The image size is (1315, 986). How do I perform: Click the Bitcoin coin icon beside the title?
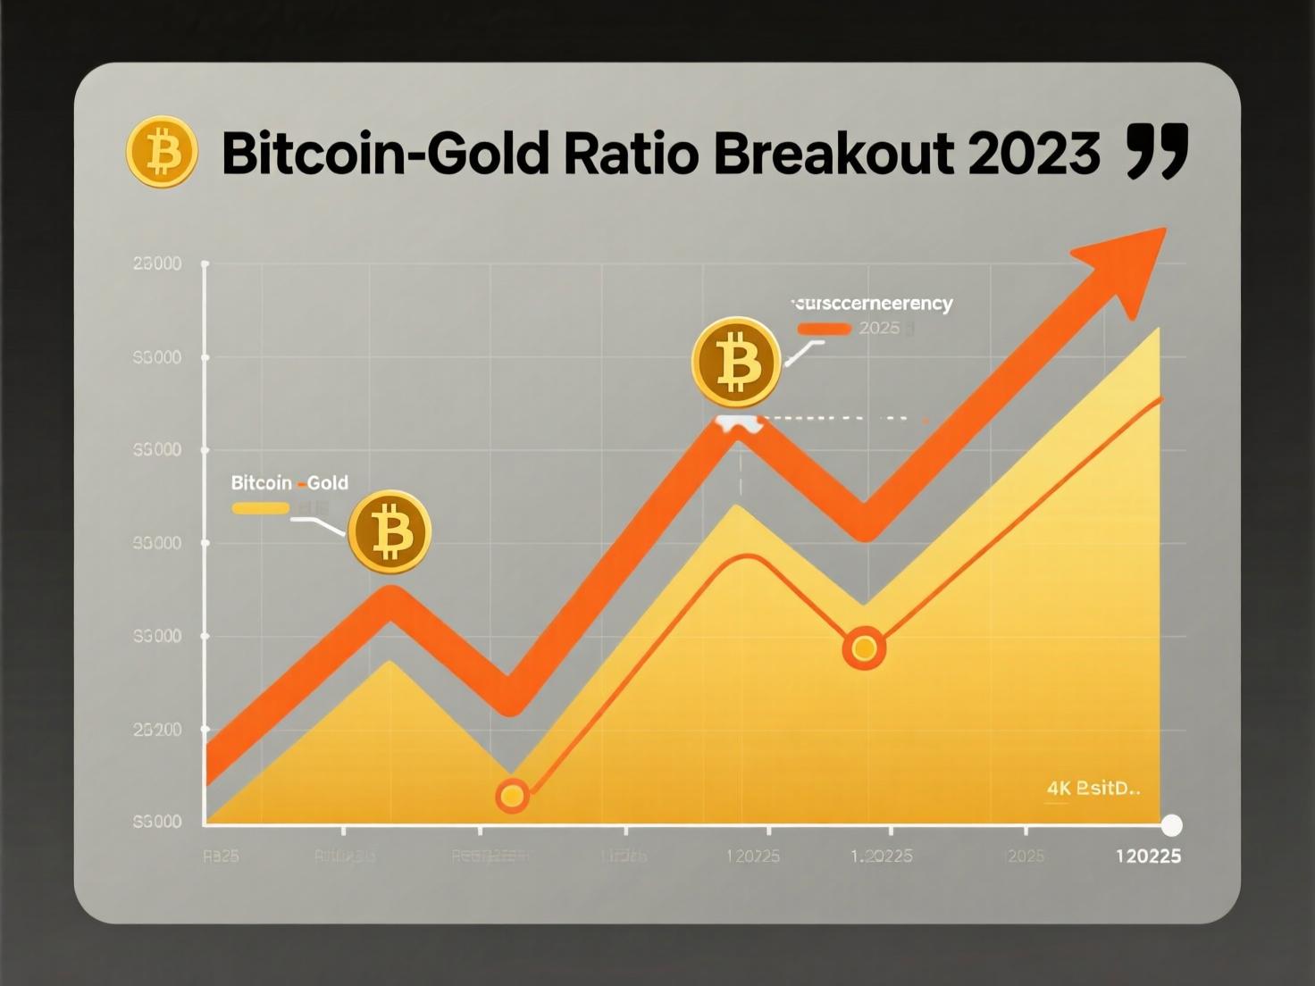162,152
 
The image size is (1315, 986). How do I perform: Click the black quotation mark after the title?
1158,152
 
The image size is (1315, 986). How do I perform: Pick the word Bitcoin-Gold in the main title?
385,154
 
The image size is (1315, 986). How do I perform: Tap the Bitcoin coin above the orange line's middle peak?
736,363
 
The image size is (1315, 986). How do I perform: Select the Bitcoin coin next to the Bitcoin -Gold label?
389,532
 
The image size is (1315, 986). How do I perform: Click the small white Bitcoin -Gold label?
289,483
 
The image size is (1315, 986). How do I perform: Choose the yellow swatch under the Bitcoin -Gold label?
260,508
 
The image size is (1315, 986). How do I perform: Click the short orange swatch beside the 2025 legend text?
824,328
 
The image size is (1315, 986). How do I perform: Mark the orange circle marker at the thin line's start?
512,795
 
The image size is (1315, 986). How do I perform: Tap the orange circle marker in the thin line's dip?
864,648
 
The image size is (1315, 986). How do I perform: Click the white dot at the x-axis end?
1170,824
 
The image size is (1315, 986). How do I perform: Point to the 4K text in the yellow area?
1059,789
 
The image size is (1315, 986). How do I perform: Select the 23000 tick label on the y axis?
157,263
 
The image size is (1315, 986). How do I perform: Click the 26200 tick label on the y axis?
157,730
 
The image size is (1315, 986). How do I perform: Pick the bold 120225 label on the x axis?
1148,856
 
